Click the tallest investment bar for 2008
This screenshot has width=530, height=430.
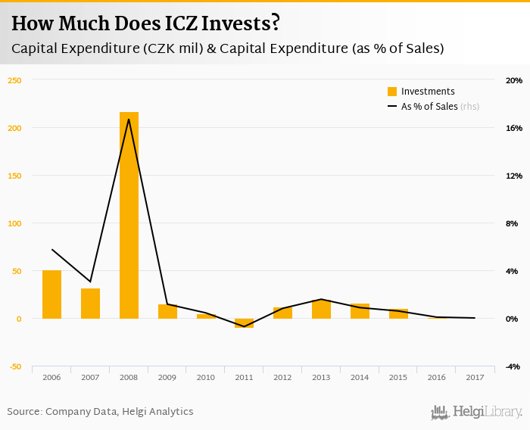[x=129, y=216]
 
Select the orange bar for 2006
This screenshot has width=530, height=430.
[x=51, y=294]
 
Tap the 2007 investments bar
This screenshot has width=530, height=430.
[x=90, y=304]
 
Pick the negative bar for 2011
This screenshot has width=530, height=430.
[x=245, y=323]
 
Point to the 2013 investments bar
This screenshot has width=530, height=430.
[x=321, y=309]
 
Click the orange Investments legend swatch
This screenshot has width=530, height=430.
[x=392, y=92]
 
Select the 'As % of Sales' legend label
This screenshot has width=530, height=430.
[x=429, y=107]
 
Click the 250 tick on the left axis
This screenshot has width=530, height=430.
[x=15, y=80]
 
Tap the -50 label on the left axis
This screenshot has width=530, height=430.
[x=15, y=366]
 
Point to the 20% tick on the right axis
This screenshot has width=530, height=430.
[x=514, y=80]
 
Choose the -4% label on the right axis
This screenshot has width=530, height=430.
[x=514, y=366]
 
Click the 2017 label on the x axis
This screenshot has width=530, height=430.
[x=475, y=377]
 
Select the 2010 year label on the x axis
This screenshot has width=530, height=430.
[x=206, y=377]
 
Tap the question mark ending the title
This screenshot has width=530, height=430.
[x=275, y=23]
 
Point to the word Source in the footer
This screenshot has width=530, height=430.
[x=24, y=412]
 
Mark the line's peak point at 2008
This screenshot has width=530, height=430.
[x=129, y=119]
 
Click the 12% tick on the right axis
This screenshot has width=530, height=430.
[x=514, y=176]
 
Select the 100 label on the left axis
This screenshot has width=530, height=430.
[x=15, y=223]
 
